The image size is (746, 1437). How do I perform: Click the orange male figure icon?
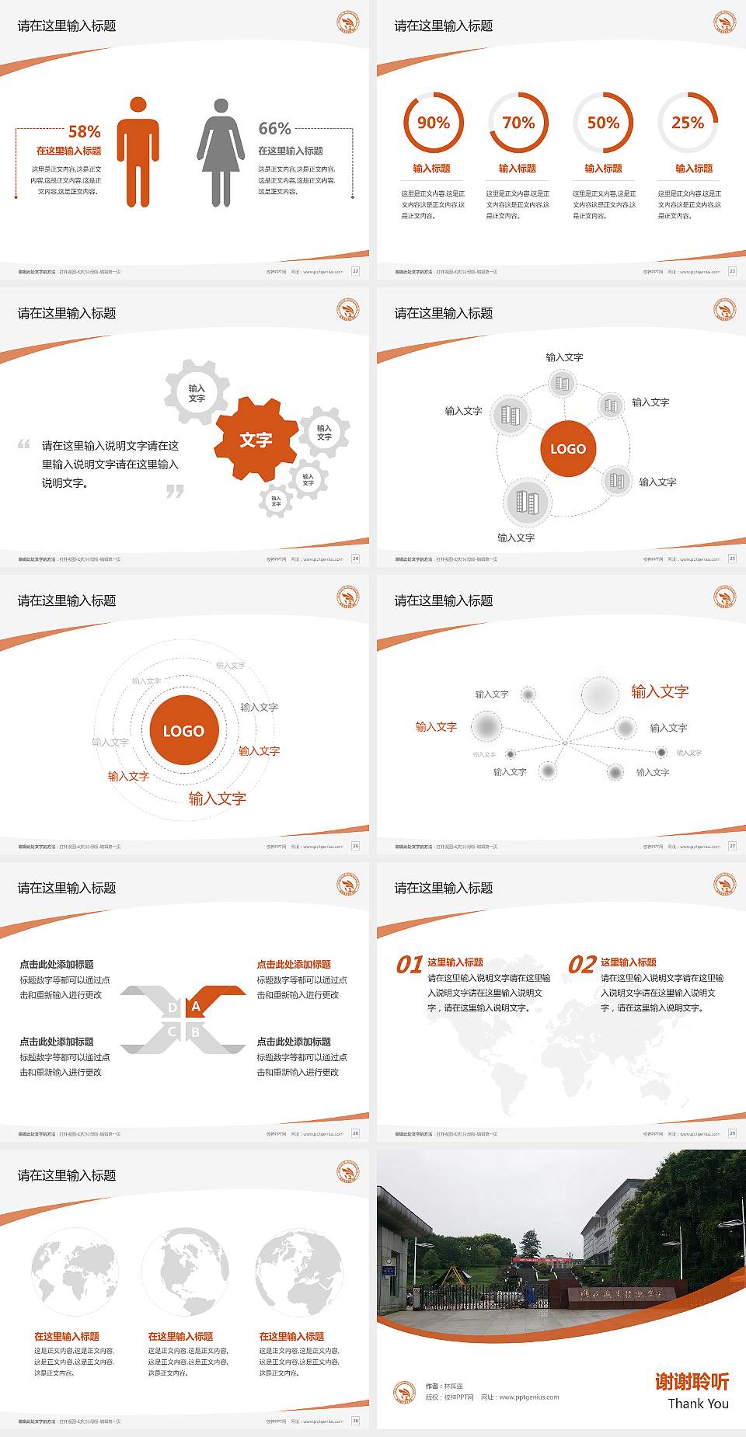[x=138, y=152]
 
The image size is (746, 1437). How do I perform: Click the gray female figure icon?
[x=221, y=152]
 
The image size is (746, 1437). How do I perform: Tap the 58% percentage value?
[x=84, y=131]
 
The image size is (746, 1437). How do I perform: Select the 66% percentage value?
[x=274, y=128]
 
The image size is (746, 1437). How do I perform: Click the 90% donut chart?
[x=433, y=123]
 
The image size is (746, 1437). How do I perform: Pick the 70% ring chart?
[x=518, y=123]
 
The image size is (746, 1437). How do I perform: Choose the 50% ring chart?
[x=603, y=123]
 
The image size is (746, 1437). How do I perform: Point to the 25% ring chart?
[x=688, y=123]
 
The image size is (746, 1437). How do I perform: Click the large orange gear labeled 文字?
[x=256, y=440]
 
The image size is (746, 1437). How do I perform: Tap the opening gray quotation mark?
[x=24, y=444]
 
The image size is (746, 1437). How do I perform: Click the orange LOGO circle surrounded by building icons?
[x=568, y=449]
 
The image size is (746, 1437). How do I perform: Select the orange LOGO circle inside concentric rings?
[x=183, y=731]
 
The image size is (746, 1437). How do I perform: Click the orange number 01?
[x=409, y=965]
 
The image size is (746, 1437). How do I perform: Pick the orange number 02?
[x=582, y=965]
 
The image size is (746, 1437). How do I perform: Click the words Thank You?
[x=698, y=1404]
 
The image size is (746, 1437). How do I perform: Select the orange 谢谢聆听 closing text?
[x=692, y=1381]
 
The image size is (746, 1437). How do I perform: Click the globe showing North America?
[x=185, y=1272]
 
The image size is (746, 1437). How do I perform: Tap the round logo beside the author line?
[x=404, y=1392]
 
